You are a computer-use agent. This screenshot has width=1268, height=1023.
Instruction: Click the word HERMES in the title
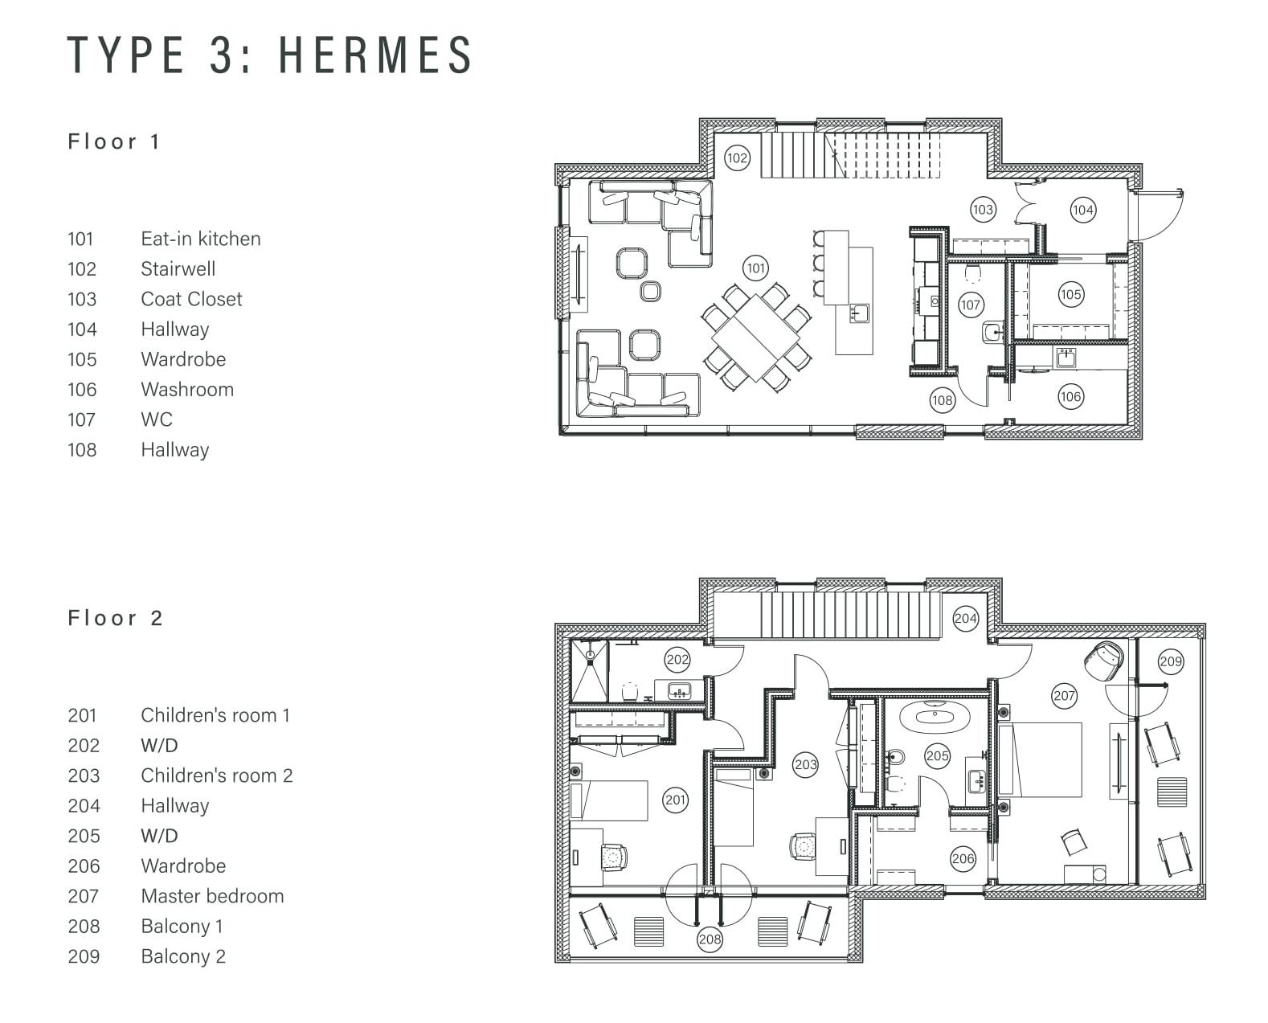(375, 55)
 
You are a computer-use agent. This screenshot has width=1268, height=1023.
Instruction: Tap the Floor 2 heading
(115, 618)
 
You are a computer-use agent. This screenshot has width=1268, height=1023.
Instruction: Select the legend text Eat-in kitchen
(201, 239)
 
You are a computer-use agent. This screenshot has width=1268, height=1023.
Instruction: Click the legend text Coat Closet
(191, 299)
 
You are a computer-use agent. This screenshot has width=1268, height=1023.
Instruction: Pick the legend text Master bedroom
(212, 896)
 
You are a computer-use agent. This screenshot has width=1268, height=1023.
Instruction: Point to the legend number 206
(84, 865)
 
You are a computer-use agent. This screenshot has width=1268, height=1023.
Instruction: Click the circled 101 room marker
(756, 268)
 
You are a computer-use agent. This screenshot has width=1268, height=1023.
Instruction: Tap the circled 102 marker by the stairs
(737, 158)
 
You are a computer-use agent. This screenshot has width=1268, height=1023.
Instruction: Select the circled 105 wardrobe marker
(1070, 294)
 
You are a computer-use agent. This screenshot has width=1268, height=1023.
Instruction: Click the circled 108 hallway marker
(943, 401)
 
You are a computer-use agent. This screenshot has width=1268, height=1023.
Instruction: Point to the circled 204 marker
(966, 619)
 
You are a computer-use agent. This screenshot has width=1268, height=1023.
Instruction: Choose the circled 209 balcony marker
(1171, 661)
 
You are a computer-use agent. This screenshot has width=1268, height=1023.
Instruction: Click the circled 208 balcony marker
(710, 939)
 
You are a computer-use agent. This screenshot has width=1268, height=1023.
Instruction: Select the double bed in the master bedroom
(1041, 759)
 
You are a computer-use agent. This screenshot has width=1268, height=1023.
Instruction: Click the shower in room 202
(589, 670)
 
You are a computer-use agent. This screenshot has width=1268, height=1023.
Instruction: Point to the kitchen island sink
(859, 313)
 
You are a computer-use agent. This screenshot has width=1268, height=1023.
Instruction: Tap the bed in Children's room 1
(608, 800)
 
